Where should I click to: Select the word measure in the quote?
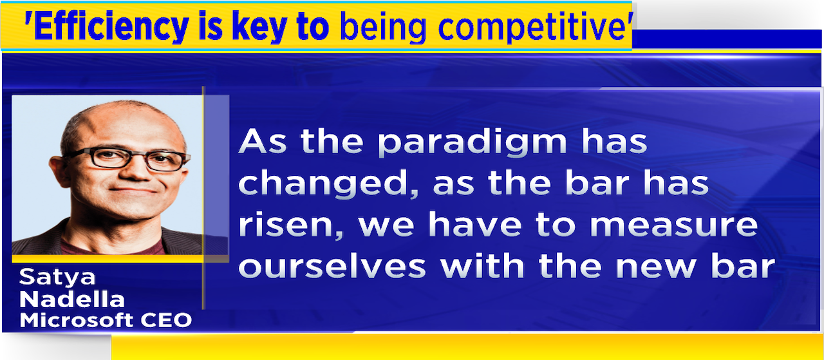click(674, 225)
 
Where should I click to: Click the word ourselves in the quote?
click(332, 266)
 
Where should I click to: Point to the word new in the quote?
click(656, 267)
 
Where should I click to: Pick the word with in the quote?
click(483, 265)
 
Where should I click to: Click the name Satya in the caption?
click(57, 277)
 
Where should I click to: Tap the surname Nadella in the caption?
click(71, 299)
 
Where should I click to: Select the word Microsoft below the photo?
click(76, 319)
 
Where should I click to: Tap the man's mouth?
click(133, 190)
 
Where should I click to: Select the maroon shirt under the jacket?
click(112, 246)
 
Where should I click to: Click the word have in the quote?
click(475, 224)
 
